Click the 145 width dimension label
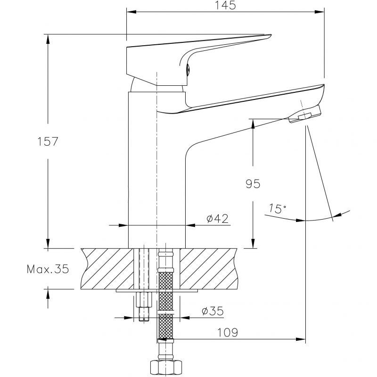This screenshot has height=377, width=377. pyautogui.click(x=225, y=5)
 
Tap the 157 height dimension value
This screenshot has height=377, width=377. pyautogui.click(x=48, y=141)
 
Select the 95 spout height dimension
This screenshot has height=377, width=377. pyautogui.click(x=253, y=184)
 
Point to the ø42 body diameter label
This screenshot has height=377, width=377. pyautogui.click(x=218, y=219)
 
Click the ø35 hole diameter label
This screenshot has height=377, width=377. pyautogui.click(x=213, y=311)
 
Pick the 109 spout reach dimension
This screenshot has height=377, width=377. pyautogui.click(x=228, y=333)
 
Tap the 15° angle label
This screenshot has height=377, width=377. pyautogui.click(x=278, y=208)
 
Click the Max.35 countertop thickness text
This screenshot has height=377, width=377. pyautogui.click(x=48, y=269)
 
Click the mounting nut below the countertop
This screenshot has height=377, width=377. pyautogui.click(x=144, y=299)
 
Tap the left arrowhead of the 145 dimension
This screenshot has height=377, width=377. pyautogui.click(x=131, y=11)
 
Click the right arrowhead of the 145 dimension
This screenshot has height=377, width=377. pyautogui.click(x=320, y=11)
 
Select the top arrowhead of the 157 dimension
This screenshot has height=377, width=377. pyautogui.click(x=48, y=39)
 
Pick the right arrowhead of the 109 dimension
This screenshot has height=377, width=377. pyautogui.click(x=301, y=339)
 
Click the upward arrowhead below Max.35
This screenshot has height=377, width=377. pyautogui.click(x=48, y=294)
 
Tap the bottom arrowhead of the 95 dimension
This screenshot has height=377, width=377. pyautogui.click(x=253, y=243)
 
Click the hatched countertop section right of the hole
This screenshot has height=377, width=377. pyautogui.click(x=209, y=269)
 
